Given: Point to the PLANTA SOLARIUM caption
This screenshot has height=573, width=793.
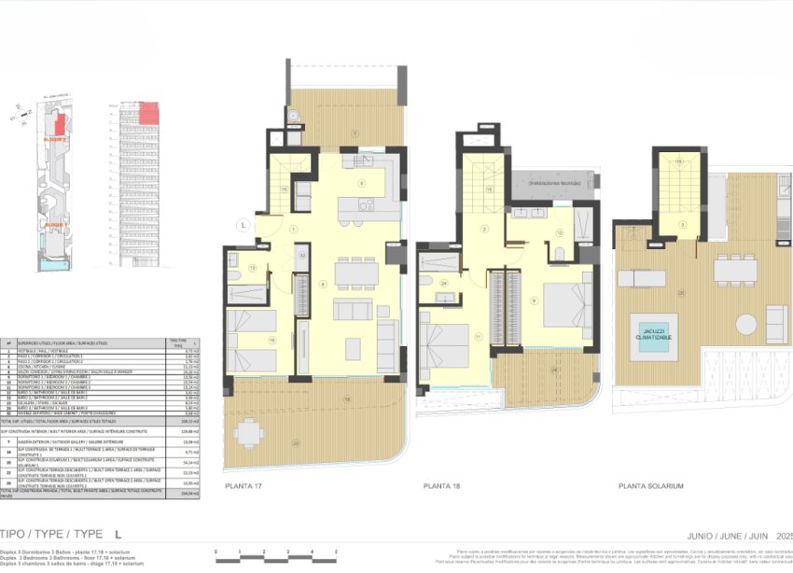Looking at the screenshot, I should (651, 486).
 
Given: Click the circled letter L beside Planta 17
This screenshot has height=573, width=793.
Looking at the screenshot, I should (242, 225).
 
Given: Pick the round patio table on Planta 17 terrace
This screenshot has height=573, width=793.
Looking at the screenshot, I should (248, 432).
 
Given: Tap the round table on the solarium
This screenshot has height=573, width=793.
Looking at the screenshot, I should (745, 324).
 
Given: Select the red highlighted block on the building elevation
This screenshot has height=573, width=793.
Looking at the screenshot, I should (150, 114).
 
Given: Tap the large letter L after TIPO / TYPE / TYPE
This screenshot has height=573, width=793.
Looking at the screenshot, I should (118, 535).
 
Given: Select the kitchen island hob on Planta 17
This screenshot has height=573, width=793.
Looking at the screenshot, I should (366, 204).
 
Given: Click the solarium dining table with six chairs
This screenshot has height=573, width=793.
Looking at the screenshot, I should (735, 270).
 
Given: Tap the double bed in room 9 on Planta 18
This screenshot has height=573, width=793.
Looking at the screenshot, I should (563, 301).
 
